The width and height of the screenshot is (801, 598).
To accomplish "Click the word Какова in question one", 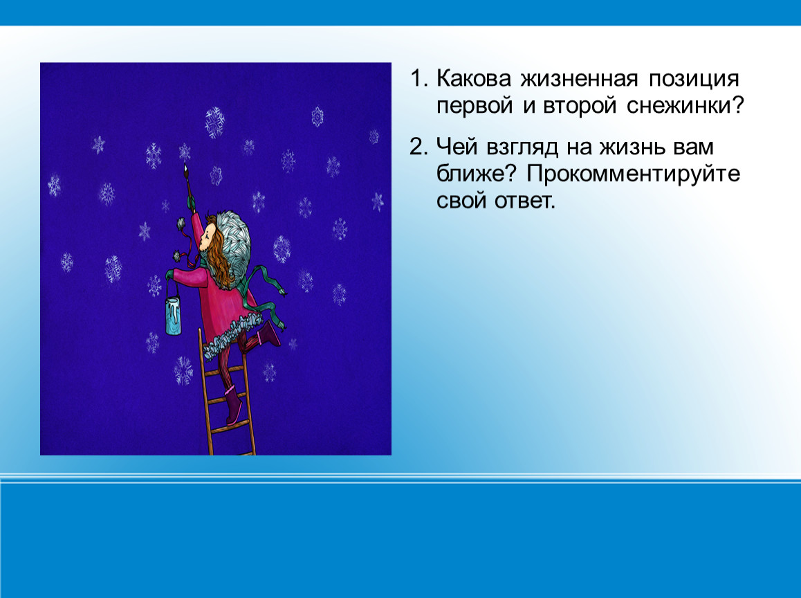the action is click(474, 79).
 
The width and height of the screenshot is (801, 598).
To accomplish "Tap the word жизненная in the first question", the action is click(579, 79).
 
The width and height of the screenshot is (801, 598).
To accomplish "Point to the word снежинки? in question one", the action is click(685, 106).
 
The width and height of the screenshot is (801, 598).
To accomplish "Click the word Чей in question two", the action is click(455, 147).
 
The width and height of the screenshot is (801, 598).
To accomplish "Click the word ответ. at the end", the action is click(524, 201).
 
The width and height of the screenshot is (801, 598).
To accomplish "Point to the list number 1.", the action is click(418, 79).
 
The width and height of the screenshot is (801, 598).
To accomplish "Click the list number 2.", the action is click(418, 147).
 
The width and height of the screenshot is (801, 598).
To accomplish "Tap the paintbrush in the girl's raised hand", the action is click(187, 178).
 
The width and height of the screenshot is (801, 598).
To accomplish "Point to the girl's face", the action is click(208, 237).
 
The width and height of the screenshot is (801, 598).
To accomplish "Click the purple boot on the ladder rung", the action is click(234, 406).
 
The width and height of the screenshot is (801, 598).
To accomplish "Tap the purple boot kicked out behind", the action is click(268, 334).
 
